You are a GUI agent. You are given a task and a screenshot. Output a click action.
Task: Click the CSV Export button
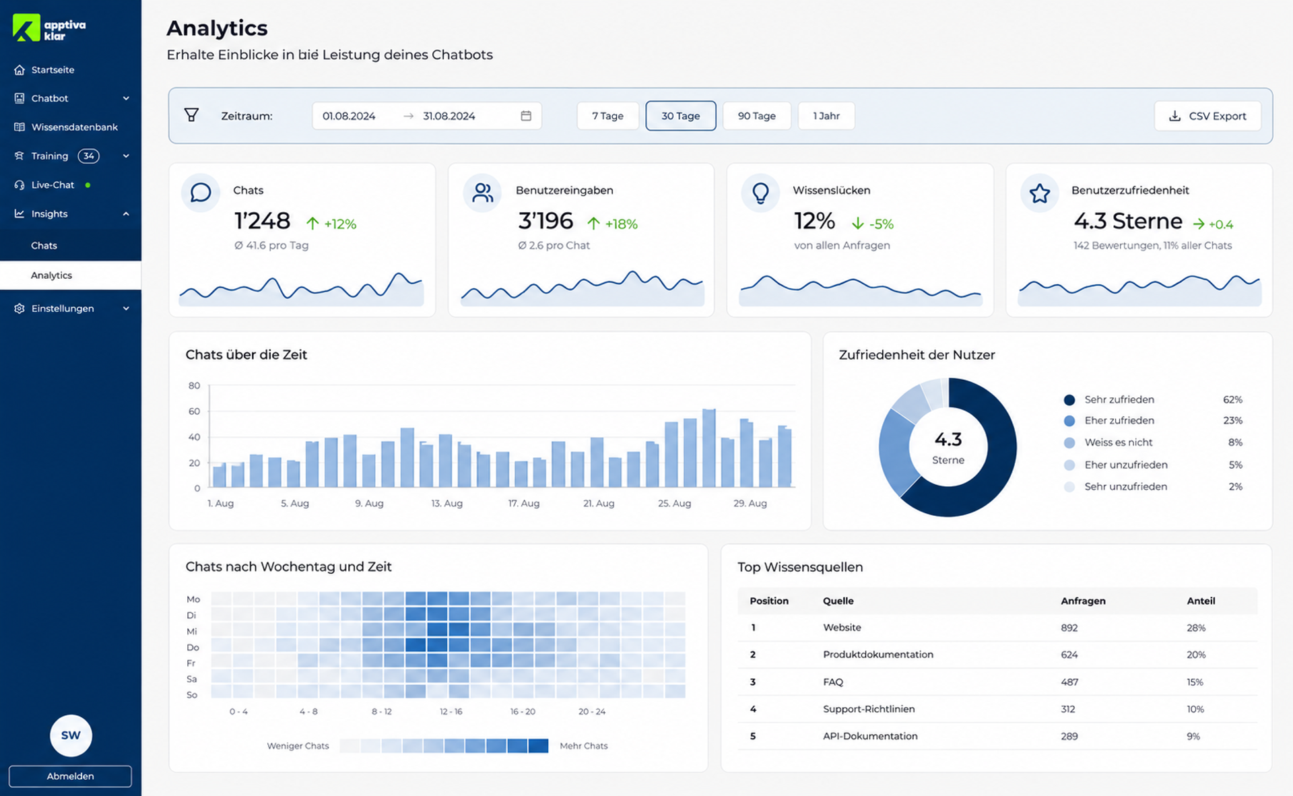(x=1207, y=116)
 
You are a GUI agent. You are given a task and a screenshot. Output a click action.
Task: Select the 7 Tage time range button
(x=607, y=116)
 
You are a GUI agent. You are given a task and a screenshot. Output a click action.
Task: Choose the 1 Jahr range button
(x=826, y=116)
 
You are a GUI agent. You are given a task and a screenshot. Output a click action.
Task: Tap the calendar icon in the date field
(x=526, y=116)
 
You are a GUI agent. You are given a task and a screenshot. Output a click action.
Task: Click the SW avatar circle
(x=71, y=735)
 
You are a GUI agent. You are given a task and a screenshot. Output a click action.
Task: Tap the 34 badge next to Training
(x=88, y=156)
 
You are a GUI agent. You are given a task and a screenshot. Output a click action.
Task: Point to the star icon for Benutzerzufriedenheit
(x=1039, y=193)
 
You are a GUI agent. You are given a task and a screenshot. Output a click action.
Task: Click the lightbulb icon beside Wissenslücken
(x=760, y=193)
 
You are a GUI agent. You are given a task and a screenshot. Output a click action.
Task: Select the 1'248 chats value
(x=262, y=221)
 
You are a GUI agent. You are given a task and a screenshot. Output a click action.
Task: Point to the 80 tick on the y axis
(x=194, y=385)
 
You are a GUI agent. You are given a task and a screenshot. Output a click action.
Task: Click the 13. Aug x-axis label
(x=446, y=503)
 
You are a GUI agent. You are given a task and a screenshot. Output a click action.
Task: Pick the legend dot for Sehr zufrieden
(x=1069, y=399)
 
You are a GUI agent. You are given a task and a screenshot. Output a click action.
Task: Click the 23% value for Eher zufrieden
(x=1232, y=420)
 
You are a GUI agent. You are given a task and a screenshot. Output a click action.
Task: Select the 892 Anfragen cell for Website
(x=1069, y=628)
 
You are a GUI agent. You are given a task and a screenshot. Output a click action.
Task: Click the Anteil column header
(x=1201, y=601)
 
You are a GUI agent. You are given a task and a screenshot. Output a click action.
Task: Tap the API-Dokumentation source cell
(x=870, y=736)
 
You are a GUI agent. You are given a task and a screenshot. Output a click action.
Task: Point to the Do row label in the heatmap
(x=193, y=647)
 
